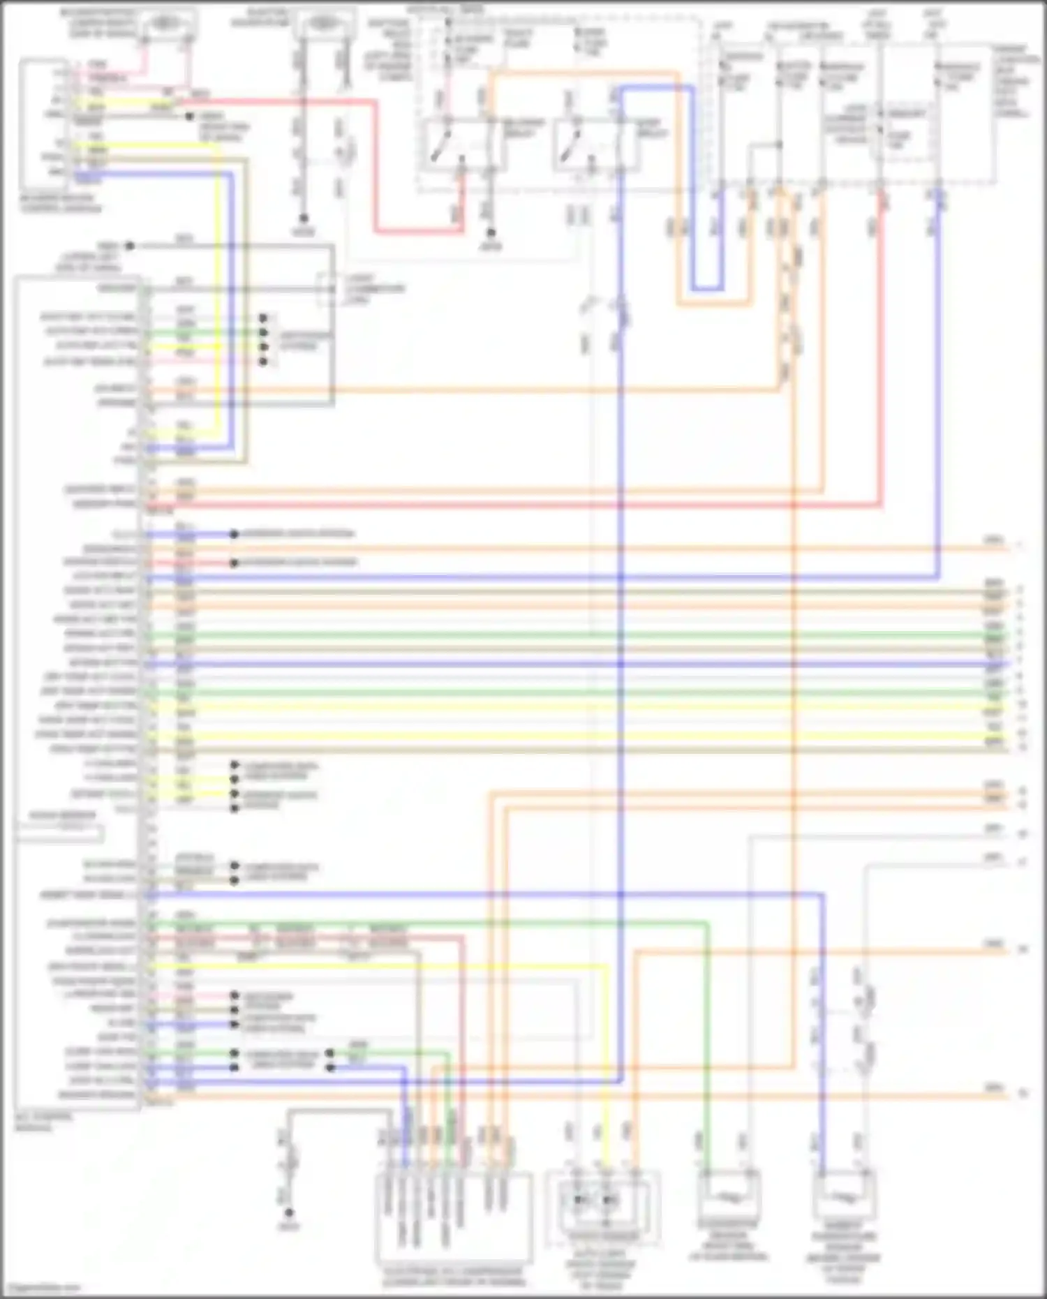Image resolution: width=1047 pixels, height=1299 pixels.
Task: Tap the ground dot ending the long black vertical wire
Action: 304,218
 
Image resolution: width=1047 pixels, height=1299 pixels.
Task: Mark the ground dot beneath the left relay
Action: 491,233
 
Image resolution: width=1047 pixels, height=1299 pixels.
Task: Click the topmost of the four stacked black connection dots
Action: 263,318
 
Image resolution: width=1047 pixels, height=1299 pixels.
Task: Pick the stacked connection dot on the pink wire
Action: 263,362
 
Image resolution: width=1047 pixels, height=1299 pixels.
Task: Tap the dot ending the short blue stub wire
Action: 235,535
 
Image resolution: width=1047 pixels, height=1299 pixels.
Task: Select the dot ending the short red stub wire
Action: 235,563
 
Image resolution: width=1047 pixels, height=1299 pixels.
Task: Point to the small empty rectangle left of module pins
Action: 59,832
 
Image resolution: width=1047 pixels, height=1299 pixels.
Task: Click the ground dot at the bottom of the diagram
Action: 289,1213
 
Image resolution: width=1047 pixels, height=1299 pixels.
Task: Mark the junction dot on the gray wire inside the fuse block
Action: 779,145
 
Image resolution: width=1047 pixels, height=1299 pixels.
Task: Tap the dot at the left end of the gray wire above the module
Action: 129,246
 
